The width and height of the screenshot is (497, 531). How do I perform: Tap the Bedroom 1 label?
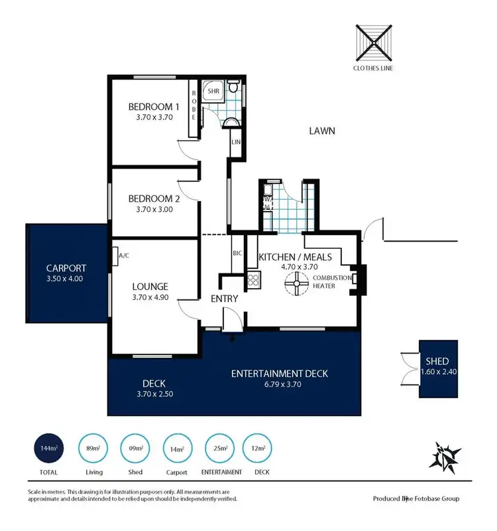(154, 107)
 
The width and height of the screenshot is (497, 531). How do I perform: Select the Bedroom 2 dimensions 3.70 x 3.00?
(154, 210)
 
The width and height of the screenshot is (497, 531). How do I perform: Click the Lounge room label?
(149, 287)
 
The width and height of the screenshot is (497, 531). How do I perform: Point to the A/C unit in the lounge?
(123, 256)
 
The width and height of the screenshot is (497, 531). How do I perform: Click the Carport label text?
(66, 268)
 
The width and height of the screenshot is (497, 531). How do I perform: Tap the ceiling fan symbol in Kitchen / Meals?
(296, 286)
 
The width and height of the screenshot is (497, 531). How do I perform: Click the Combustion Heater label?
(327, 281)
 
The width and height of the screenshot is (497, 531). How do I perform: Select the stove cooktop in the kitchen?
(252, 280)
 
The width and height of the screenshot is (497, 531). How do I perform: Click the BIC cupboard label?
(237, 254)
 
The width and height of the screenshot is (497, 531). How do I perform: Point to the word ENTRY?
(224, 299)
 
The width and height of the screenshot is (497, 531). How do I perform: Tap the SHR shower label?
(213, 90)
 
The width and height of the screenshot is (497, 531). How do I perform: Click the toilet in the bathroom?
(233, 88)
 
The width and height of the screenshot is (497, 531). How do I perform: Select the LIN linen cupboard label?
(235, 142)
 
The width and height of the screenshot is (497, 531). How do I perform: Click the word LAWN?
(322, 131)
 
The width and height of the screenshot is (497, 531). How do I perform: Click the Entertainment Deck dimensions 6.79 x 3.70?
(279, 384)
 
